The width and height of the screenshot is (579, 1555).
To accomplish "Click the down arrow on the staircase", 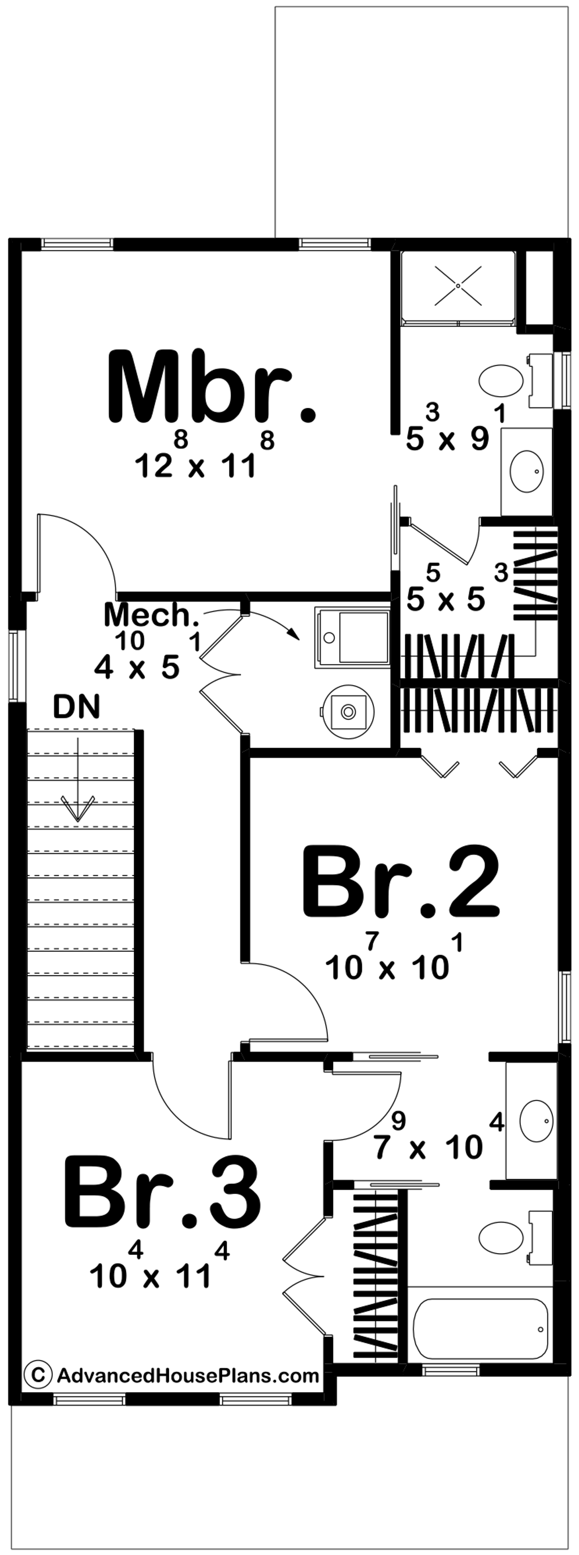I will point(78,791).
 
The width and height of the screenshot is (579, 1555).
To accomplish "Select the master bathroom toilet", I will point(501,380).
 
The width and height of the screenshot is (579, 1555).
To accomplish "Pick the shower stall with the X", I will point(458,285).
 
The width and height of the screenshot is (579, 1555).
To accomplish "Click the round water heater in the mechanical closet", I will point(348,711).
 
